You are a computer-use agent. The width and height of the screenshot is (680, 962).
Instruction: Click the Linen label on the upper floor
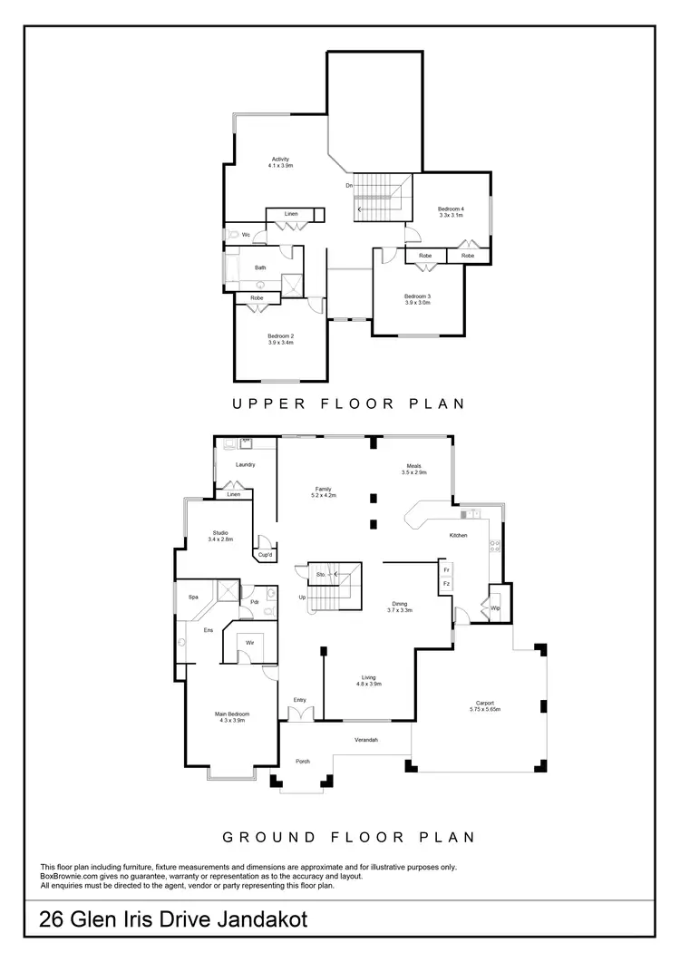(291, 214)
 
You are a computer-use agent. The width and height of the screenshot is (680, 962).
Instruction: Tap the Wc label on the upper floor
(246, 235)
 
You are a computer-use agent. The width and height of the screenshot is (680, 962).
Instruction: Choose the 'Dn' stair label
(349, 186)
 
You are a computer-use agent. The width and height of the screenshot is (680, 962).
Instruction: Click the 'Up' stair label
(302, 598)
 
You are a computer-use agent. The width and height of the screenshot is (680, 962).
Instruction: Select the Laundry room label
(245, 464)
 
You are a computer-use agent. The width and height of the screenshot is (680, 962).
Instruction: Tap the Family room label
(324, 491)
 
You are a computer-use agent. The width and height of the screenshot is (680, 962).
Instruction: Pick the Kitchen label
(459, 536)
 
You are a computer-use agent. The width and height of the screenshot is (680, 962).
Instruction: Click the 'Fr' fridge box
(446, 570)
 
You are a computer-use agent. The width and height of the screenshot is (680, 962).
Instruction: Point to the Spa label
(193, 598)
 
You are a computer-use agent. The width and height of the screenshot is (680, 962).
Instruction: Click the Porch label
(303, 762)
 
